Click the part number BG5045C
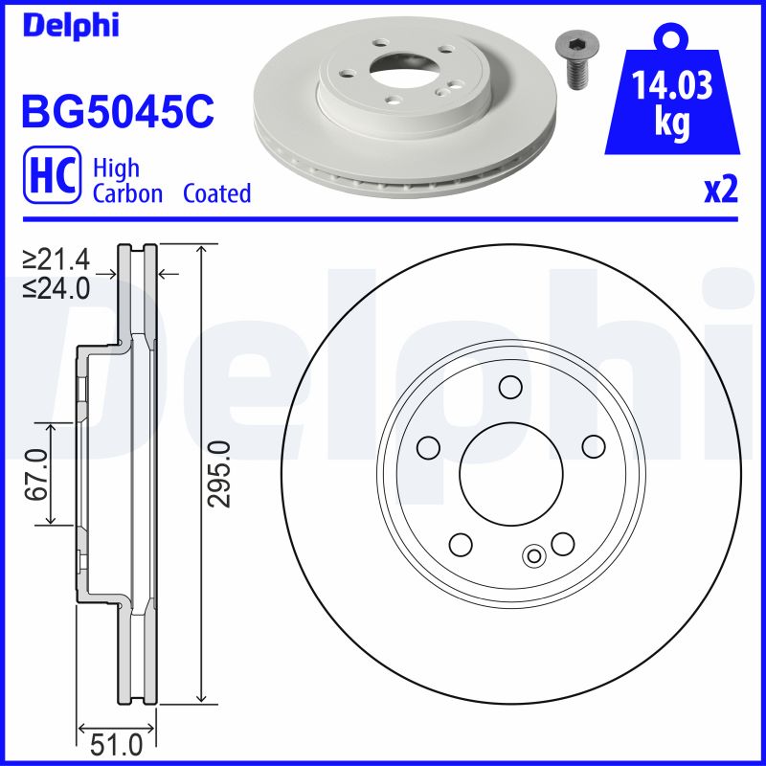point(117,112)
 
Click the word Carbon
point(128,193)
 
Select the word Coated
point(216,193)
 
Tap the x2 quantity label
point(720,191)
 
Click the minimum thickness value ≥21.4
point(63,259)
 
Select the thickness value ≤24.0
point(63,286)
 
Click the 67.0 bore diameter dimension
point(37,473)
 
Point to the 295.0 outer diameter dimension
point(219,473)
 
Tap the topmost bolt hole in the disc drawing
point(510,387)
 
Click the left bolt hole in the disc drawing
point(428,446)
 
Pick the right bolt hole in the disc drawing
point(594,446)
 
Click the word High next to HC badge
point(116,169)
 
